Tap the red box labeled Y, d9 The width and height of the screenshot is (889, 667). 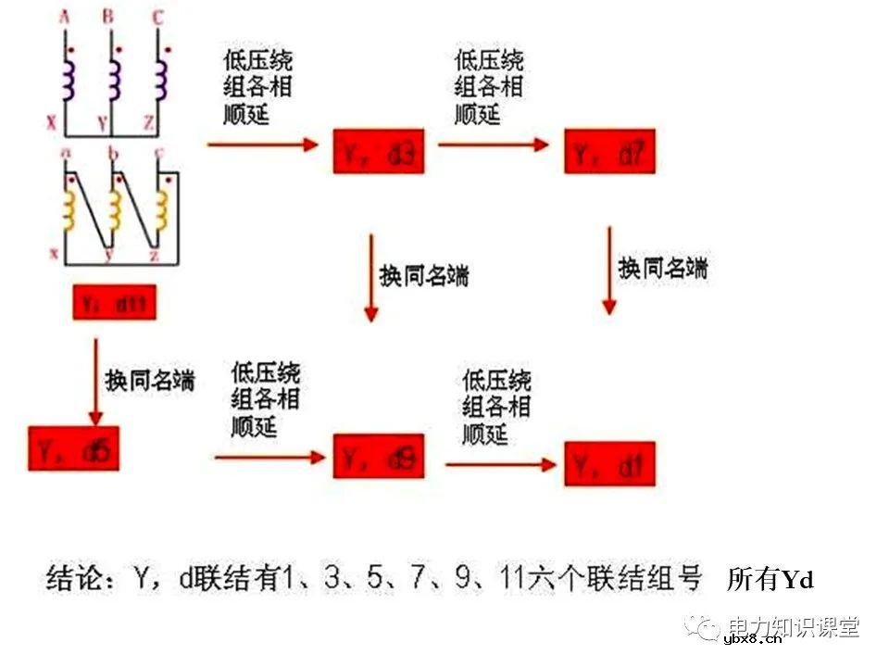[x=379, y=457]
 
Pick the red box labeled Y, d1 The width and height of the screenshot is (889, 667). [x=609, y=464]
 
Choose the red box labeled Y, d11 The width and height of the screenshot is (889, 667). [x=115, y=302]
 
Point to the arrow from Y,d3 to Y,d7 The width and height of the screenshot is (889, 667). [x=495, y=145]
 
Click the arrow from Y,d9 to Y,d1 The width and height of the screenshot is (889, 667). [x=500, y=463]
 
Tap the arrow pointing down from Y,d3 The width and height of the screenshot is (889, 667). [x=370, y=277]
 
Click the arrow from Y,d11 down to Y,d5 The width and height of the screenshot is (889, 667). [x=95, y=381]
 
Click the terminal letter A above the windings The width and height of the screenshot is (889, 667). [x=65, y=16]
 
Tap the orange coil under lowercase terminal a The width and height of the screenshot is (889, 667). [x=68, y=211]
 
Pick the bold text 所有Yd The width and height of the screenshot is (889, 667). [x=770, y=580]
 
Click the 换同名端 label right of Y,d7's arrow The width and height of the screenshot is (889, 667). [x=662, y=268]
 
